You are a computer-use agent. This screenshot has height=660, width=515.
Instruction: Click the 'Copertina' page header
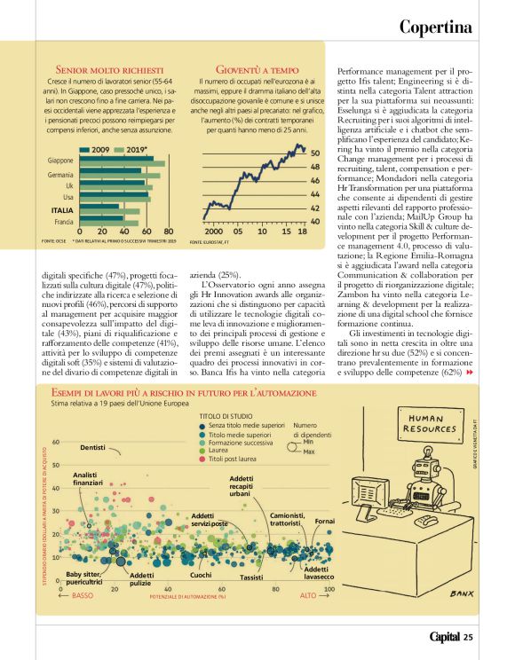tap(435, 27)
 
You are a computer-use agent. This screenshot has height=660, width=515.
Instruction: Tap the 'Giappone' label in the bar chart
tap(60, 161)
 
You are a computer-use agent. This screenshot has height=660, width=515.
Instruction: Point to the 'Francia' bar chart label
tap(63, 221)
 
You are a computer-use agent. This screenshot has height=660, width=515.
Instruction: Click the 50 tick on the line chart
tap(314, 153)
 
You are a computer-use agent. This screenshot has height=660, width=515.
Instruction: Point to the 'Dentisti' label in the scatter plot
tap(93, 448)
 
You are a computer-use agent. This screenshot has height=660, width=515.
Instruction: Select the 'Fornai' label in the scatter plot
tap(325, 520)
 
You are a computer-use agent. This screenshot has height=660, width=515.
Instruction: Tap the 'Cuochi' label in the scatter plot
tap(201, 576)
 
